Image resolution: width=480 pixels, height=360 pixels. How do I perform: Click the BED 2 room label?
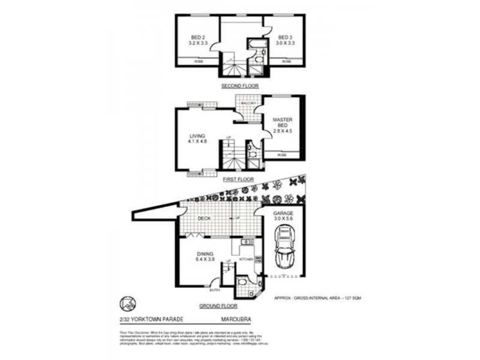point(196,40)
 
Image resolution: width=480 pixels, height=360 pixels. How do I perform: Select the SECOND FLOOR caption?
point(239,86)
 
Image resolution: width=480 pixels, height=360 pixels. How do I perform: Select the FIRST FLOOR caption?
point(238,179)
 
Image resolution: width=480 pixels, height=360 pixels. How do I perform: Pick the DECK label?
point(203,219)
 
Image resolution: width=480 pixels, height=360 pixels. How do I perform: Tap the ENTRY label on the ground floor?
point(215,291)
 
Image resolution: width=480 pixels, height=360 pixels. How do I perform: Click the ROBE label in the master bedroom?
point(282,155)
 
